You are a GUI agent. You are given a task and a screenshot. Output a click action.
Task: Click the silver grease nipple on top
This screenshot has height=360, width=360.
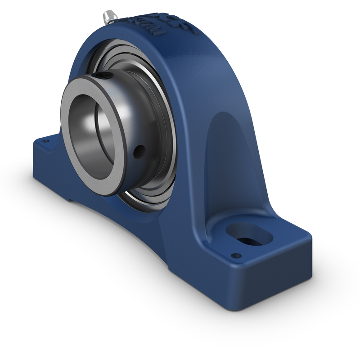point(109,16)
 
